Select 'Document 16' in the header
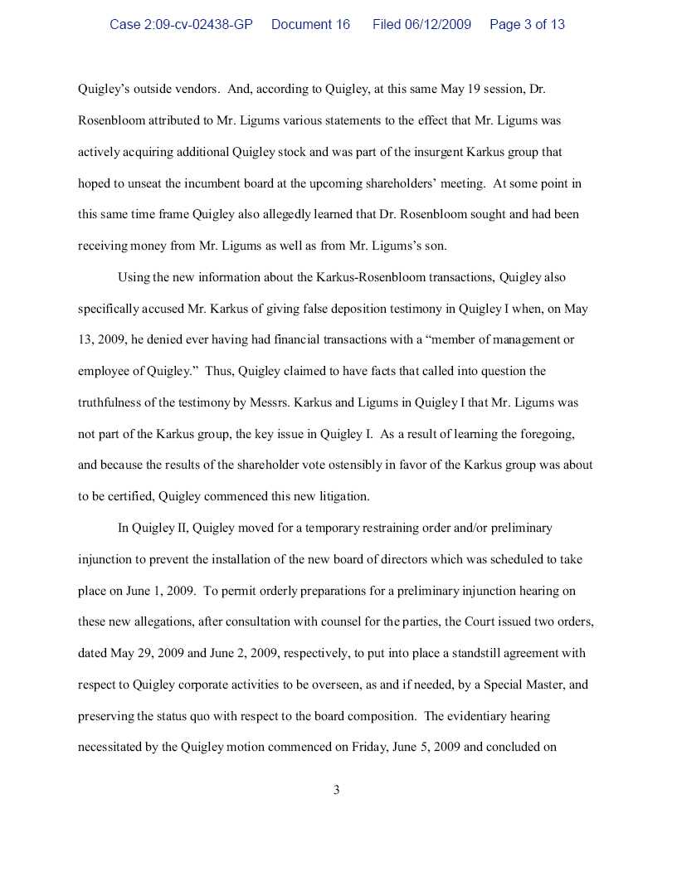coord(310,25)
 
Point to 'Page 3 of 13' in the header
coord(527,25)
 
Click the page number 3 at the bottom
coord(336,790)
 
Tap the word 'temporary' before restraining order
coord(331,528)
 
